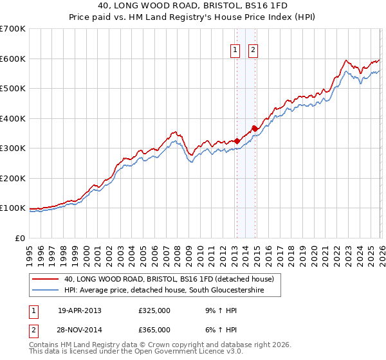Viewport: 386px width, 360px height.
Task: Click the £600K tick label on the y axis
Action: point(13,59)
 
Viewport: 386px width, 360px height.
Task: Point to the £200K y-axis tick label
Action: point(13,178)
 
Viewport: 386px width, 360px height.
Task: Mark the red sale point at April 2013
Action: point(237,141)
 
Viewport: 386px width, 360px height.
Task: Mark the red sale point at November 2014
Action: point(255,129)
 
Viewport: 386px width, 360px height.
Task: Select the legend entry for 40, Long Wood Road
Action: point(169,280)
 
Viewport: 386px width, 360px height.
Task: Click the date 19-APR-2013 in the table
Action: point(80,310)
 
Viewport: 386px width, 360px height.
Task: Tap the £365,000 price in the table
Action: point(154,330)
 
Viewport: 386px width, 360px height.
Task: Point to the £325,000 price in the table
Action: point(154,310)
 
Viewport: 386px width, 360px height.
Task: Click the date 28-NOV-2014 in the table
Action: point(80,330)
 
